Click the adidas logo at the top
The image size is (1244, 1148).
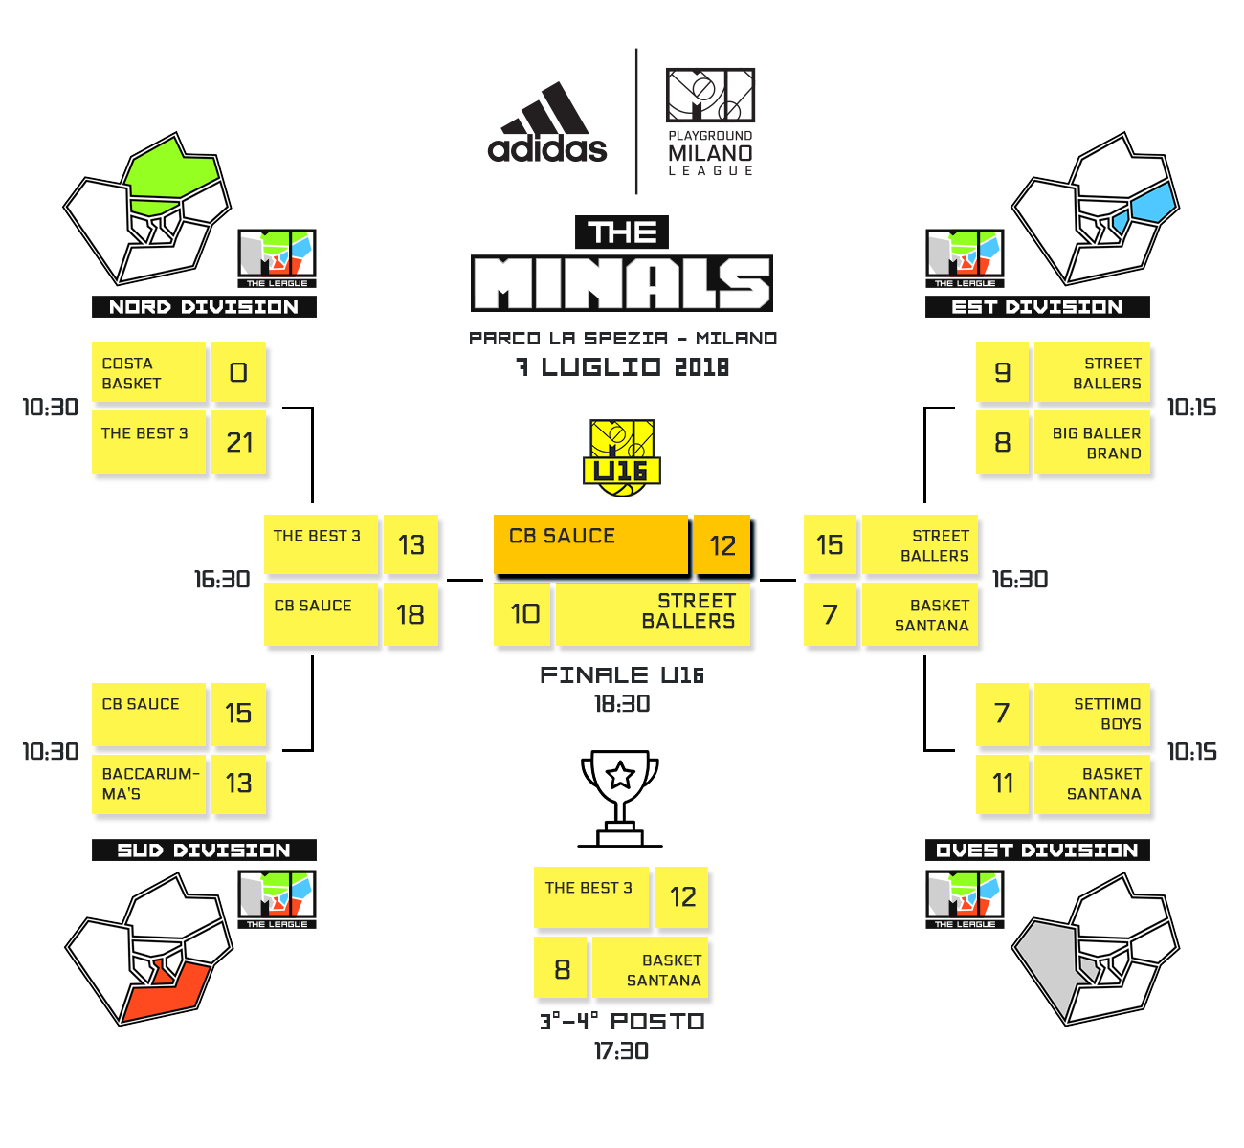547,124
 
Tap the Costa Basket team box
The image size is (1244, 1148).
148,373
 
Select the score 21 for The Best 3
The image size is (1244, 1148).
239,442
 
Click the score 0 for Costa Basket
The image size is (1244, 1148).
239,372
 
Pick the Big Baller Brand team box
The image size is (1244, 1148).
1092,443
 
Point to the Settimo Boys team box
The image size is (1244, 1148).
1092,714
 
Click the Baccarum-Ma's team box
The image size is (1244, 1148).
148,784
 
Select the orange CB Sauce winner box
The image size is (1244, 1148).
590,543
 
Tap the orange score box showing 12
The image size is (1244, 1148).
722,545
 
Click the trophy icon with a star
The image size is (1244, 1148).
620,797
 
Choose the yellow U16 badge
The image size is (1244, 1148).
622,457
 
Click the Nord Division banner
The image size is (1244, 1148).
204,307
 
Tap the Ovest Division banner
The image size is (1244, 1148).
1037,850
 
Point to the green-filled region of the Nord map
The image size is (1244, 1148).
172,177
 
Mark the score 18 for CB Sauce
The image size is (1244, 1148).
411,614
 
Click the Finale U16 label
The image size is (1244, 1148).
622,675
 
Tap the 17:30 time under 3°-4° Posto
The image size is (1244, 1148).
622,1051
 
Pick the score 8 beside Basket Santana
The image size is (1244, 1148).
562,969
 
